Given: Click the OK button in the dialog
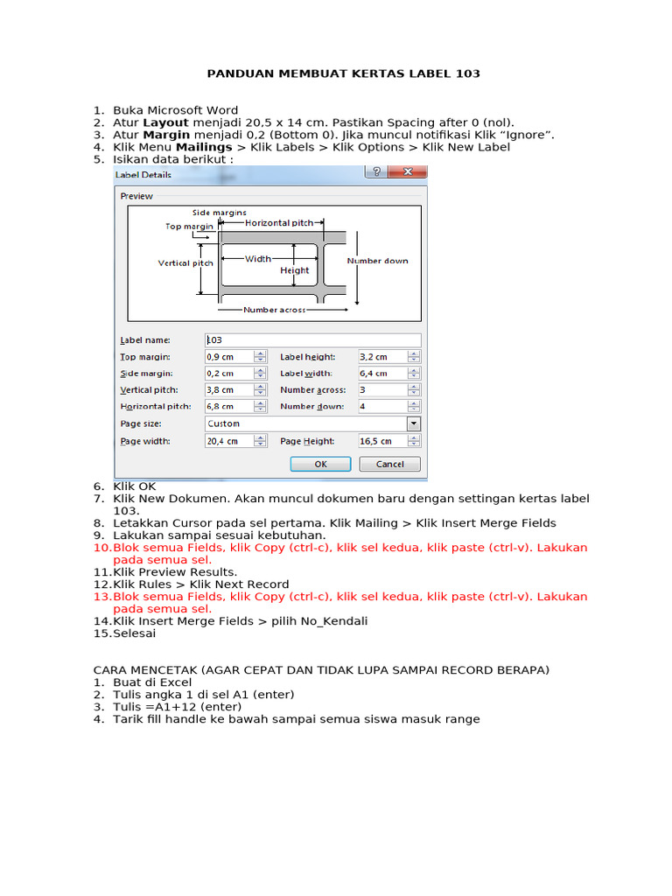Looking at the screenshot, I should [320, 464].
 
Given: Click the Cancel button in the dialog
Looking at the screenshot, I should [389, 464].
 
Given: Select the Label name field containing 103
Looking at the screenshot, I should [312, 339].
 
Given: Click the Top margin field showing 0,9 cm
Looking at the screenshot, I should [228, 357].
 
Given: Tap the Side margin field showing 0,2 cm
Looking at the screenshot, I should [228, 374].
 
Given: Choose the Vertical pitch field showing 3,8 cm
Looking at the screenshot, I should [228, 390].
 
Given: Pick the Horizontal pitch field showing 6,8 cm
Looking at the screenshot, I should [228, 407].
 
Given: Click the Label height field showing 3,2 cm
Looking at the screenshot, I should [381, 357].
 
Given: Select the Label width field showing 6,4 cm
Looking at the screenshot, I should [381, 374].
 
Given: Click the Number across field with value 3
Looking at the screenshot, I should [381, 390].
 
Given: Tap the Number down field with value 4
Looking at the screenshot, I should [381, 407].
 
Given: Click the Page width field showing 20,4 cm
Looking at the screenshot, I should [228, 441].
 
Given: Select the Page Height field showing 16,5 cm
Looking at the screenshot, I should [381, 441].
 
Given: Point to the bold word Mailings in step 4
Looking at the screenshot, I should [204, 147].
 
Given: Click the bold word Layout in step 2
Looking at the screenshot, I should [166, 122].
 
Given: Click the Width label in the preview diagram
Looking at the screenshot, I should [257, 258].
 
